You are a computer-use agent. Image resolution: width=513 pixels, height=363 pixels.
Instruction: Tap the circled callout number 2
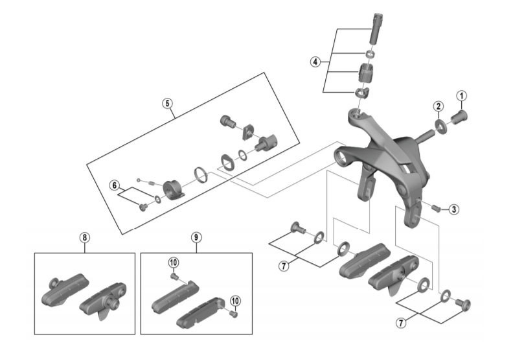[x=439, y=106]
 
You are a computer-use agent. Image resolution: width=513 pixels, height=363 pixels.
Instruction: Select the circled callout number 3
[x=454, y=209]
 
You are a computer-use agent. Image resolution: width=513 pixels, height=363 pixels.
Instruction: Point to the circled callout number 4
[x=315, y=62]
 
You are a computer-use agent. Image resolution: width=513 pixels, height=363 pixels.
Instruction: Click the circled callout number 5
[x=167, y=103]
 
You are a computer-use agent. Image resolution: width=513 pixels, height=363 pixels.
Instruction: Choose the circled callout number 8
[x=84, y=237]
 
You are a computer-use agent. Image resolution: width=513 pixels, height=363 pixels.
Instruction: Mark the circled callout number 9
[x=196, y=237]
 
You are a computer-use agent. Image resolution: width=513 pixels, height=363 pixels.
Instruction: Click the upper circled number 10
[x=173, y=262]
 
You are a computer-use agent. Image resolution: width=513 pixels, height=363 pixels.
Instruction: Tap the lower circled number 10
[x=234, y=301]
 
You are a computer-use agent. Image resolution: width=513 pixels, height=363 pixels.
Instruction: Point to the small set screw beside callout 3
[x=437, y=207]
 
